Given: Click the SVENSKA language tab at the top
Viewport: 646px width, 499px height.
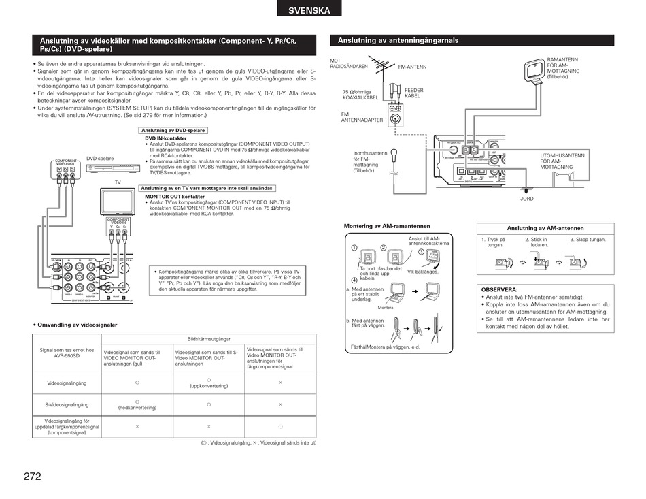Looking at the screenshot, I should pos(309,10).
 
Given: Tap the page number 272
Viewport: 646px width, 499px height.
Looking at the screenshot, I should pos(32,477).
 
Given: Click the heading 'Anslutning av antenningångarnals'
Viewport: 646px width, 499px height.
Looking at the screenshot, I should pos(398,40).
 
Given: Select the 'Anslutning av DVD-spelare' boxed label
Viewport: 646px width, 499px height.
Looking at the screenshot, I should pos(173,131).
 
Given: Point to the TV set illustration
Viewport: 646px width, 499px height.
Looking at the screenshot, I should pos(118,202).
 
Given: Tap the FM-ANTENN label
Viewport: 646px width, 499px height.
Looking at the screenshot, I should pos(412,67).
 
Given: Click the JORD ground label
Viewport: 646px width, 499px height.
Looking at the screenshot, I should pos(527,199).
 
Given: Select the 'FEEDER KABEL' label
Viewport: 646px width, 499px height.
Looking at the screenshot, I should pos(413,93).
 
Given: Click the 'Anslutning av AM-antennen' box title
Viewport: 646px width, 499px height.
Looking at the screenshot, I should pos(545,228).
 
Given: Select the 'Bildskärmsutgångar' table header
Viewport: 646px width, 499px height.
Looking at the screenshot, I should pos(208,338).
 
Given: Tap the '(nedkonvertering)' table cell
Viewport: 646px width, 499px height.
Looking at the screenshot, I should pos(137,408).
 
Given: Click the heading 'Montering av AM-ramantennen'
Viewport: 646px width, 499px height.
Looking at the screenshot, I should pos(387,226).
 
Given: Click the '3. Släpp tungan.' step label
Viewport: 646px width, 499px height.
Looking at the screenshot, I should pos(588,240).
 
